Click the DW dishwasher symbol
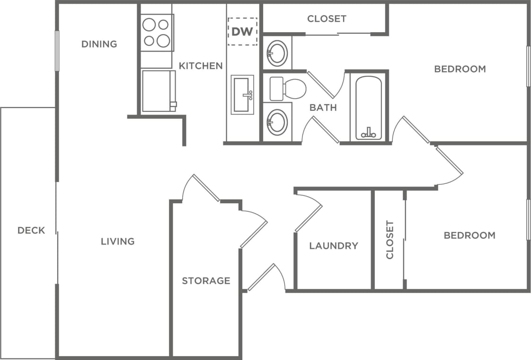coord(242,31)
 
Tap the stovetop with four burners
coord(157,33)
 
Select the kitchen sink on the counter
coord(242,95)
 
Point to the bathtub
coord(368,108)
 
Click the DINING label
coord(99,44)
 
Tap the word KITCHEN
coord(201,66)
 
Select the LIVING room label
coord(117,241)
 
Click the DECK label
coord(31,230)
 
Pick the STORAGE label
coord(206,280)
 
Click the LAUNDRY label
coord(334,245)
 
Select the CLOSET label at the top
coord(327,19)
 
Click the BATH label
coord(323,108)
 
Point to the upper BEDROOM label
coord(460,69)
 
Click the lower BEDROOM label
coord(469,235)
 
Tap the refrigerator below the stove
coord(158,91)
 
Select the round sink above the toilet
coord(277,53)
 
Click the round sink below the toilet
coord(277,122)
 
